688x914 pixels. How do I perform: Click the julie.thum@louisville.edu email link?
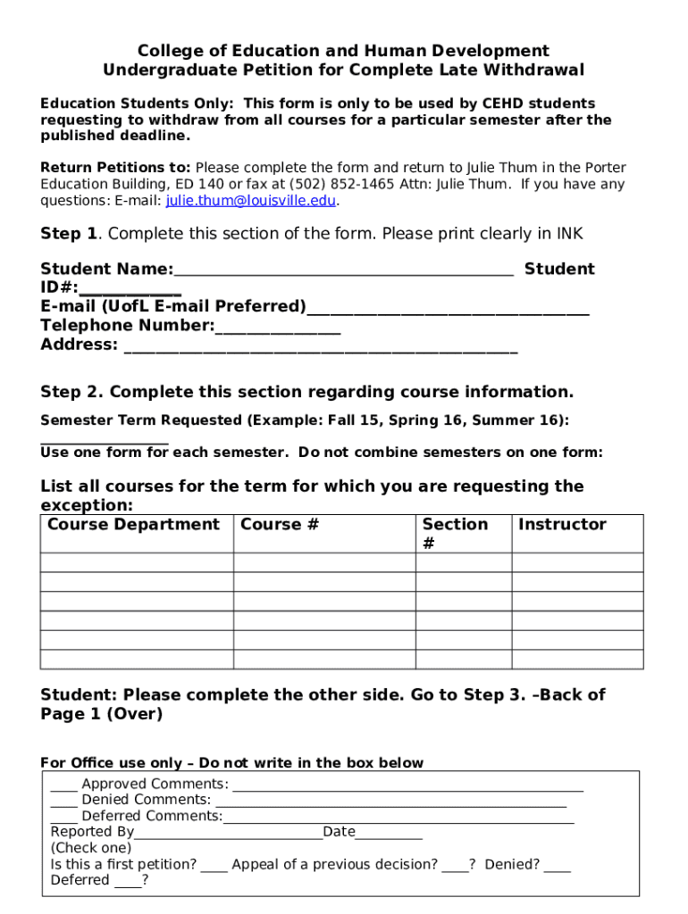(x=251, y=201)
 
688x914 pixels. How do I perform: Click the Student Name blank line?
(x=344, y=271)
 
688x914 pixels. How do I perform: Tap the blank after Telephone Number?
(x=278, y=328)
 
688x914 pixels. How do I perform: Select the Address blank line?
(x=321, y=347)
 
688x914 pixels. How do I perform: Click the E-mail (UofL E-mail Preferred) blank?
(x=448, y=309)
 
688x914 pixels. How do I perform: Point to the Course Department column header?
(x=133, y=525)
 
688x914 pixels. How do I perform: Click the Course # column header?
(x=280, y=525)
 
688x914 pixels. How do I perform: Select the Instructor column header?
(x=562, y=525)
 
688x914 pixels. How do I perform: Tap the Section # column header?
(x=455, y=533)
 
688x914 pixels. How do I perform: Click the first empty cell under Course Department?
(x=137, y=563)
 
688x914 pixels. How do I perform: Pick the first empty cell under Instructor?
(x=576, y=563)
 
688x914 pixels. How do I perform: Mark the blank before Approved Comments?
(x=63, y=786)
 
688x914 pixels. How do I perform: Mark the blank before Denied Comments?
(x=63, y=802)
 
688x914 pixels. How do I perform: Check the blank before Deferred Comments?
(x=63, y=818)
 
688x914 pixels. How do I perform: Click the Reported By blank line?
(x=229, y=835)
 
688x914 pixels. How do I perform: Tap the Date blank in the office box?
(x=389, y=835)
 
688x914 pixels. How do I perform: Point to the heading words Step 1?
(x=69, y=234)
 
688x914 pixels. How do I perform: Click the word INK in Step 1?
(x=569, y=234)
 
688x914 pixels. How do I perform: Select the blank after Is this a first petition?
(x=214, y=867)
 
